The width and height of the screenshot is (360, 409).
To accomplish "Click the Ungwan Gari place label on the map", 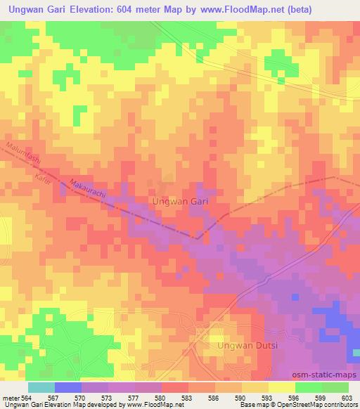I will [x=181, y=201].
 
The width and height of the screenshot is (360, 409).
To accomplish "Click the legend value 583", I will [x=188, y=398].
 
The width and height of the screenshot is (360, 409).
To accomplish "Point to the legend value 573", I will [x=108, y=398].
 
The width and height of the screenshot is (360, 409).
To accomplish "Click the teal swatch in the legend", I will [x=41, y=387].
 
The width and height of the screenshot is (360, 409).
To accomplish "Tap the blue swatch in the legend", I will [x=68, y=387].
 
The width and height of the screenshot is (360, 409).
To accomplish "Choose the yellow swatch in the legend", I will [x=282, y=387].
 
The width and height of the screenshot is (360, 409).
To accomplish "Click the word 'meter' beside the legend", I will [x=9, y=398].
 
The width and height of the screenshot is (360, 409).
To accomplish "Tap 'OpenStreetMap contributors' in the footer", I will [x=316, y=405].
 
